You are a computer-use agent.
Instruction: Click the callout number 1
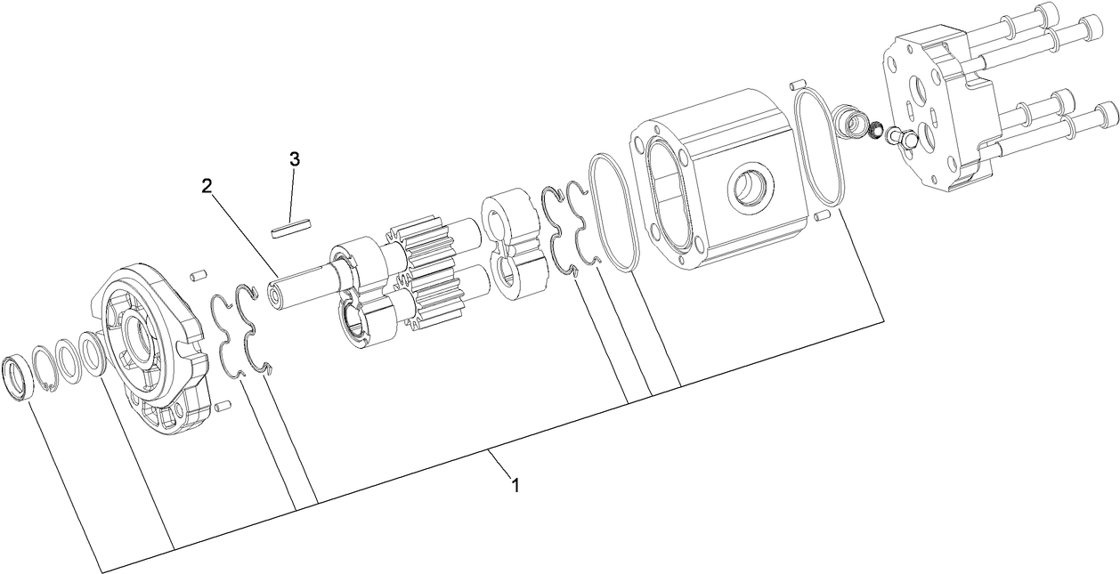[514, 485]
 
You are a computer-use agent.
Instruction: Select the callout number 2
[206, 185]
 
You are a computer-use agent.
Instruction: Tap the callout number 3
[294, 159]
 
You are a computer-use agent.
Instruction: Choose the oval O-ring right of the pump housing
[819, 148]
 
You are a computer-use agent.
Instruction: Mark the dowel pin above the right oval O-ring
[797, 85]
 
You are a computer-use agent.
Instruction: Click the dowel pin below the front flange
[223, 407]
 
